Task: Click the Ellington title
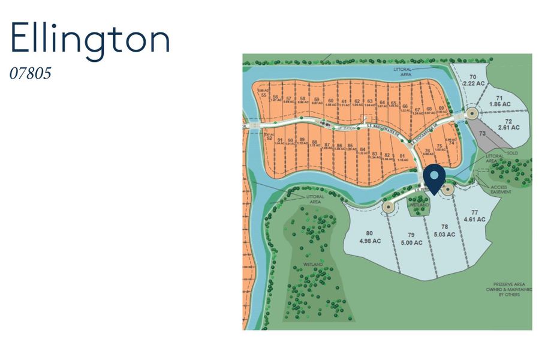91,40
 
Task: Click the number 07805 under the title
31,74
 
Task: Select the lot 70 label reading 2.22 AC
472,81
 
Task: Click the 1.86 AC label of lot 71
499,101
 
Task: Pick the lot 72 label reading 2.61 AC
507,125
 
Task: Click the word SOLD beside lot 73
511,153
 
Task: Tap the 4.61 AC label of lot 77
474,216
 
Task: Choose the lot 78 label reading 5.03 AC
444,230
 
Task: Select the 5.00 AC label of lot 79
411,239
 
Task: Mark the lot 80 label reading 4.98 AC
369,237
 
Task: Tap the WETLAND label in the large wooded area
313,265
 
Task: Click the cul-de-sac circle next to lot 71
472,113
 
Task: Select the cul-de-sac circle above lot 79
389,208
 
